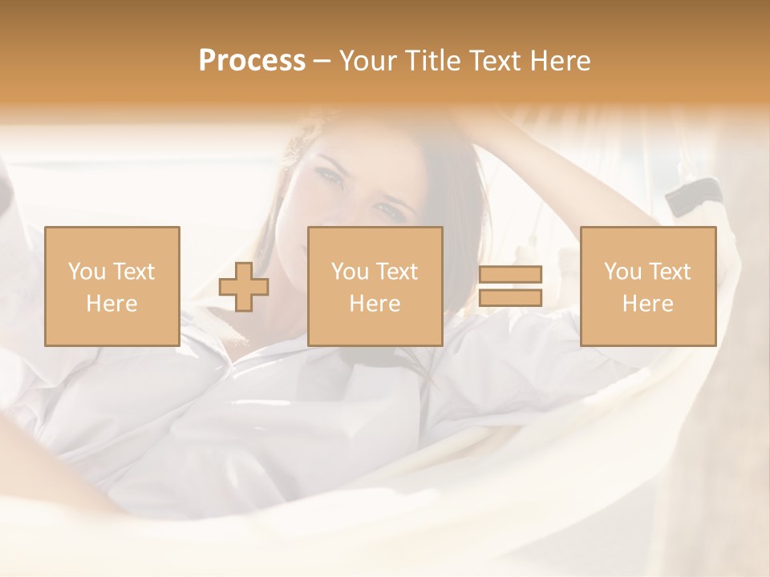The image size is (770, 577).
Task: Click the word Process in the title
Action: (x=252, y=61)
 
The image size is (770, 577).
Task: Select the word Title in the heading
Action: (x=434, y=61)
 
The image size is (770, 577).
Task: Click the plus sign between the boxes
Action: (x=244, y=287)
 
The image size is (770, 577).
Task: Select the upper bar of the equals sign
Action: (x=510, y=275)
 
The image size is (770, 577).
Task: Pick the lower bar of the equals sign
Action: (x=510, y=298)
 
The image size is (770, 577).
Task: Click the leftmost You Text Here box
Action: (x=111, y=286)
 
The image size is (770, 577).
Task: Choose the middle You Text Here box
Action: (x=375, y=286)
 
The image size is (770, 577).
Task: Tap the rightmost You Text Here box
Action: (x=647, y=286)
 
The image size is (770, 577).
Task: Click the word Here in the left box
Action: (x=111, y=304)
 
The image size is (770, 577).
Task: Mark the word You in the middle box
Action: (x=350, y=272)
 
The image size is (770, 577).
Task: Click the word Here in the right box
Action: (x=647, y=304)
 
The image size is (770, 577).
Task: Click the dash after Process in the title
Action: (x=322, y=61)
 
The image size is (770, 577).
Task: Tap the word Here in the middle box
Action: (x=375, y=304)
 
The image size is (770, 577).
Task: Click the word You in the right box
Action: (x=622, y=272)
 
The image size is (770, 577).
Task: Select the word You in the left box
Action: (x=87, y=272)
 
